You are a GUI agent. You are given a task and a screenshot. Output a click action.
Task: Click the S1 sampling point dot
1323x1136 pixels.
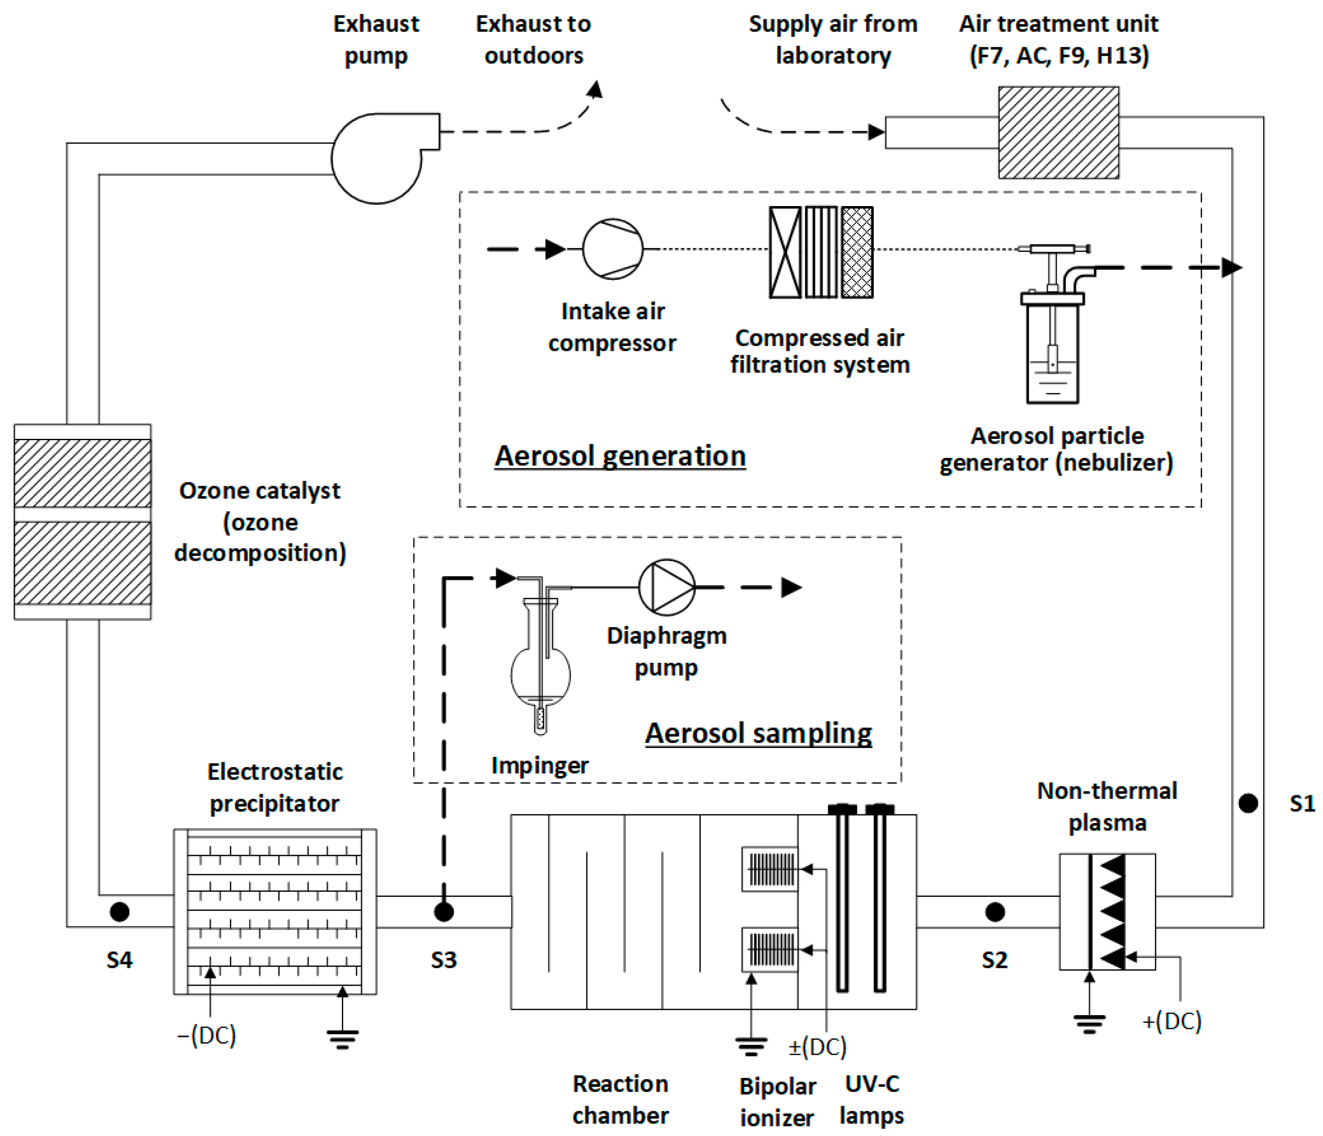click(1248, 803)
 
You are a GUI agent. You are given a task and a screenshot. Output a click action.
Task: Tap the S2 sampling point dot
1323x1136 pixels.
click(995, 912)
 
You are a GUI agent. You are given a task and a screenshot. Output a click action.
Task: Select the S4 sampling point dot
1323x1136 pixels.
click(119, 912)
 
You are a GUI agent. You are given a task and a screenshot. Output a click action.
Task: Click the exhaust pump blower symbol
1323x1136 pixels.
click(377, 158)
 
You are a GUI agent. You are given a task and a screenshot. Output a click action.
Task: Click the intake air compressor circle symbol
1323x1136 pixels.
click(612, 249)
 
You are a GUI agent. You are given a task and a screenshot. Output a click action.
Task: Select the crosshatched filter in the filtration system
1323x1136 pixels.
click(857, 252)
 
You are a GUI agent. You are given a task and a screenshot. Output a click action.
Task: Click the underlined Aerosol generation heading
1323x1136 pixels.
click(620, 456)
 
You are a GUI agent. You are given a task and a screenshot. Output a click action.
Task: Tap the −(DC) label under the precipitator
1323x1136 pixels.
click(206, 1035)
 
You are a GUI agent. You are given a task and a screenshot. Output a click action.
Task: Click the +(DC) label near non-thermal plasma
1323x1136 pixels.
click(1172, 1021)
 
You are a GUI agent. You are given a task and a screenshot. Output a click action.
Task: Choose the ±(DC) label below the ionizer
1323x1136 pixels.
click(817, 1047)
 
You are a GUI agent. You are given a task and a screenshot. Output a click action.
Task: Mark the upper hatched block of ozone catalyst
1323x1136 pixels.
click(82, 473)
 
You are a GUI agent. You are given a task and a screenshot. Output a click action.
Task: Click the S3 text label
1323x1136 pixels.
click(444, 960)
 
